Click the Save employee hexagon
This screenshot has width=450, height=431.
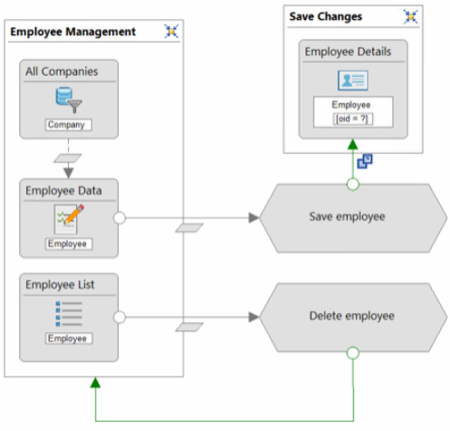[353, 218]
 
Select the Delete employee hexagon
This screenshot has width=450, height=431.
[353, 317]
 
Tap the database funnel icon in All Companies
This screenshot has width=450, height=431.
[69, 100]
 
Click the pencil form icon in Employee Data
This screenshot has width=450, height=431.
[69, 219]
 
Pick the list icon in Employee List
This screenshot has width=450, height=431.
[69, 313]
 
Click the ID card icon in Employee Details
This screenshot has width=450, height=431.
[353, 81]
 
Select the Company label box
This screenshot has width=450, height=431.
[69, 125]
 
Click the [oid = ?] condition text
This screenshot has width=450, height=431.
[353, 119]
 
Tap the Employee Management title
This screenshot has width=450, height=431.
[72, 32]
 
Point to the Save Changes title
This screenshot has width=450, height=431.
[326, 16]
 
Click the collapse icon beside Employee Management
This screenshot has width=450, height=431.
[171, 32]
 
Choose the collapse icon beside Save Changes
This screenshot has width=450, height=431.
[411, 16]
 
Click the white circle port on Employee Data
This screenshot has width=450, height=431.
[120, 218]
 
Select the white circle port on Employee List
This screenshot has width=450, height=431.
[120, 317]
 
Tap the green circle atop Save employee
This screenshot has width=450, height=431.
[353, 184]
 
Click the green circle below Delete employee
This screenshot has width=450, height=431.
[353, 353]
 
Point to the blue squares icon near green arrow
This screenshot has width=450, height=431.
[365, 161]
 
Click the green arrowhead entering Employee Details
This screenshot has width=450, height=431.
[353, 145]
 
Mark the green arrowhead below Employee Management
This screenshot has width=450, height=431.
[95, 383]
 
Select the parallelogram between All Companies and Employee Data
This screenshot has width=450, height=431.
[68, 158]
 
